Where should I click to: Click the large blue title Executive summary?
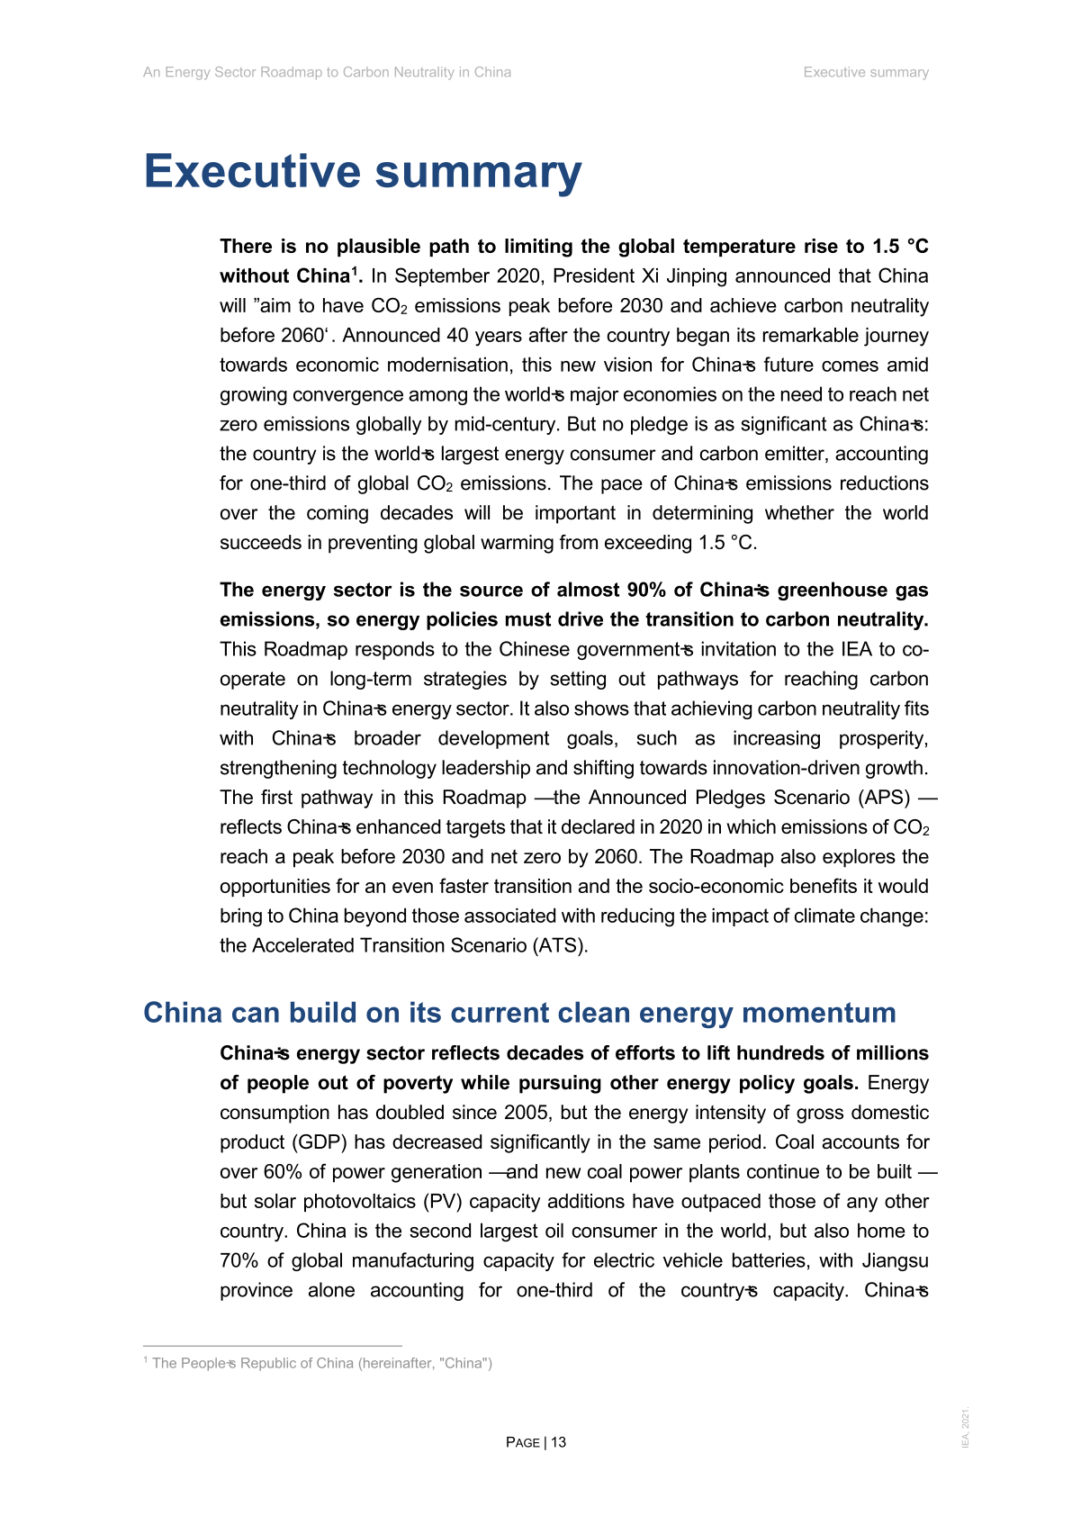(363, 171)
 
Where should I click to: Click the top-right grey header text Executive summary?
(866, 72)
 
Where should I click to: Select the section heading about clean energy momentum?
(519, 1013)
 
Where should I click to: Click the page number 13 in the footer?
(559, 1442)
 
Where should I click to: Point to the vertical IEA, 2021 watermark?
(966, 1427)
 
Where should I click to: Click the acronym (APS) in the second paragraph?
(884, 798)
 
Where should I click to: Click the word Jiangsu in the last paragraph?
(894, 1261)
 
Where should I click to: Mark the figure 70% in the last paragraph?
(239, 1261)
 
